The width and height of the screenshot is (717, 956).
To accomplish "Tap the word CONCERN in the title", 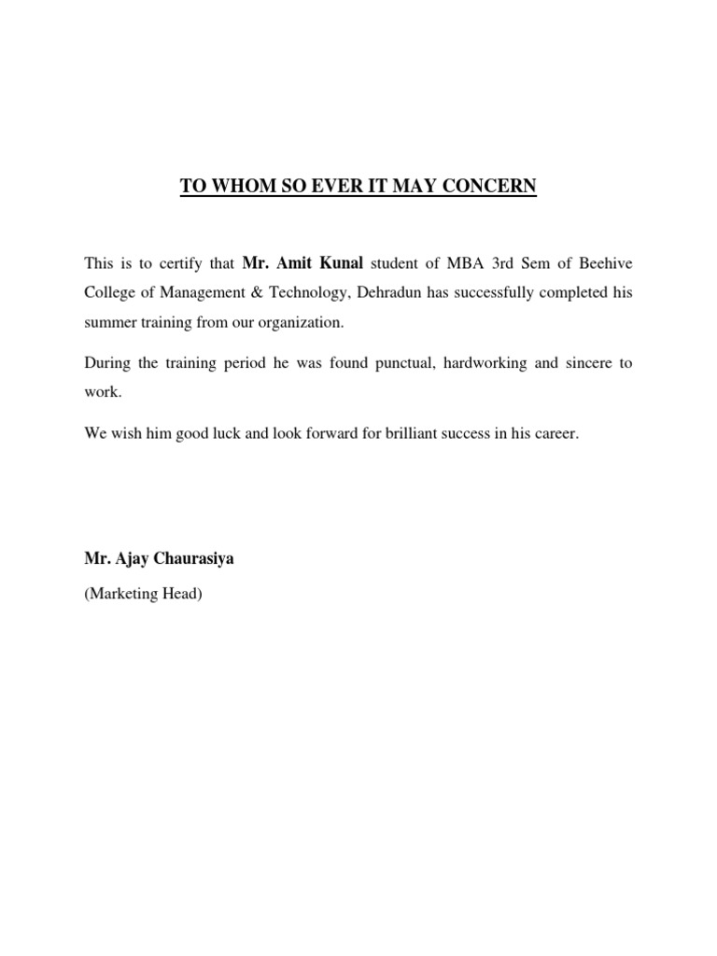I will click(494, 187).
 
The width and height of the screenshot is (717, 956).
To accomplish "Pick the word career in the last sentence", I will click(557, 433).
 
